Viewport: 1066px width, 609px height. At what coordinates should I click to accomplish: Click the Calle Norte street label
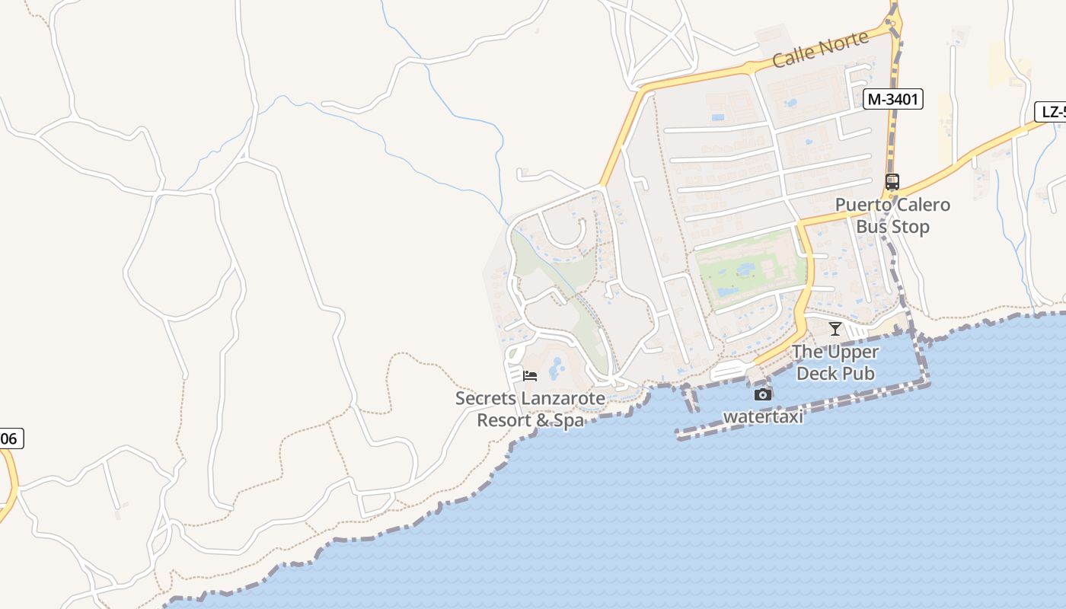point(819,49)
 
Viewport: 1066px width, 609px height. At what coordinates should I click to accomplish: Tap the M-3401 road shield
point(893,98)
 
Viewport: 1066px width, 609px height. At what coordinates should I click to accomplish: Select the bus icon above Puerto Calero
point(892,182)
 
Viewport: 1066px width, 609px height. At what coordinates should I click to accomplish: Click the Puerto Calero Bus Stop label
point(892,215)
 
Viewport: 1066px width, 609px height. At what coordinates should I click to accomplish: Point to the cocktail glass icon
point(835,329)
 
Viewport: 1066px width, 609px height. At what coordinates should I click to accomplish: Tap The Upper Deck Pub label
point(835,362)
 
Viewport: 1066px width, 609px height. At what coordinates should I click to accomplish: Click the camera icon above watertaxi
point(762,394)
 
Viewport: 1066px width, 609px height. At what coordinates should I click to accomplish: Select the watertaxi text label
point(763,416)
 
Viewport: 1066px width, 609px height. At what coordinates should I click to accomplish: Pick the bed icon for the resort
point(530,375)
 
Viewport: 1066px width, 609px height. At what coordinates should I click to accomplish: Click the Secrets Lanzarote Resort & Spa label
point(530,409)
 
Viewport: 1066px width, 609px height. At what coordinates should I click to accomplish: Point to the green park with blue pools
point(750,270)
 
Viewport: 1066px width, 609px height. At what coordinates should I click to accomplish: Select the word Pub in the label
point(858,373)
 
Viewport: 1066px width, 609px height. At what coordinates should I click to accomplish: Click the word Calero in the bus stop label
point(922,205)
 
